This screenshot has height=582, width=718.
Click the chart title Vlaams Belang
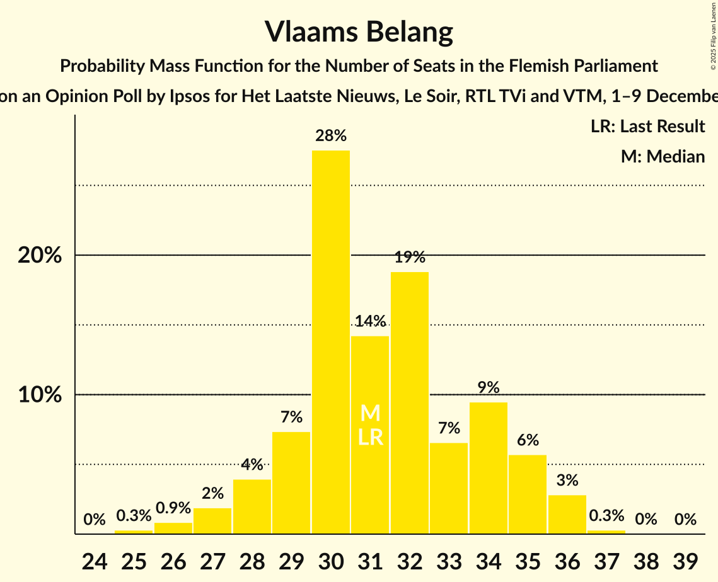[x=359, y=31]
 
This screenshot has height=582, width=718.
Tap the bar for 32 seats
[x=410, y=403]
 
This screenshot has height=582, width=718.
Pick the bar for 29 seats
[x=291, y=482]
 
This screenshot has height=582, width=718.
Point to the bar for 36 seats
[x=567, y=515]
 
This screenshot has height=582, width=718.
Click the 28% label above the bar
[x=331, y=135]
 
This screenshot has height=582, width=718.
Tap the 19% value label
[x=410, y=257]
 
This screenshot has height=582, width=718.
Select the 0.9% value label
[x=173, y=508]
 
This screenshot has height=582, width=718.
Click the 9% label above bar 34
[x=489, y=387]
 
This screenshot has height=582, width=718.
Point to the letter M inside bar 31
[x=370, y=414]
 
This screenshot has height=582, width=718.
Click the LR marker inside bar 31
[x=370, y=437]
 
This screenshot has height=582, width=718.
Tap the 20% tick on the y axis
[x=39, y=256]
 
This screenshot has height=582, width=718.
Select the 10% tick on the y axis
[x=39, y=395]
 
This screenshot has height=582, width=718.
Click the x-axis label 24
[x=95, y=559]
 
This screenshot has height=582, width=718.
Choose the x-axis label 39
[x=685, y=559]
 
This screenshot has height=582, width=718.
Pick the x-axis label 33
[x=449, y=559]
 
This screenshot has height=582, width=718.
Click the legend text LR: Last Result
[x=647, y=127]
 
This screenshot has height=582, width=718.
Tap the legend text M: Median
[x=663, y=156]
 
